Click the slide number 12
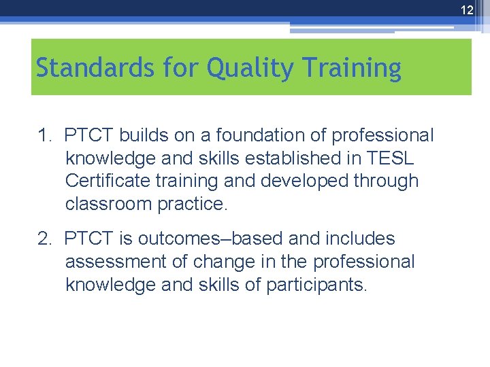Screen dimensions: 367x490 466,10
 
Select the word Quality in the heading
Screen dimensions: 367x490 242,68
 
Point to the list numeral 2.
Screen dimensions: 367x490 44,239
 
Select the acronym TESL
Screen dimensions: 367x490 389,158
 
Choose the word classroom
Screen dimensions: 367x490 109,204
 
